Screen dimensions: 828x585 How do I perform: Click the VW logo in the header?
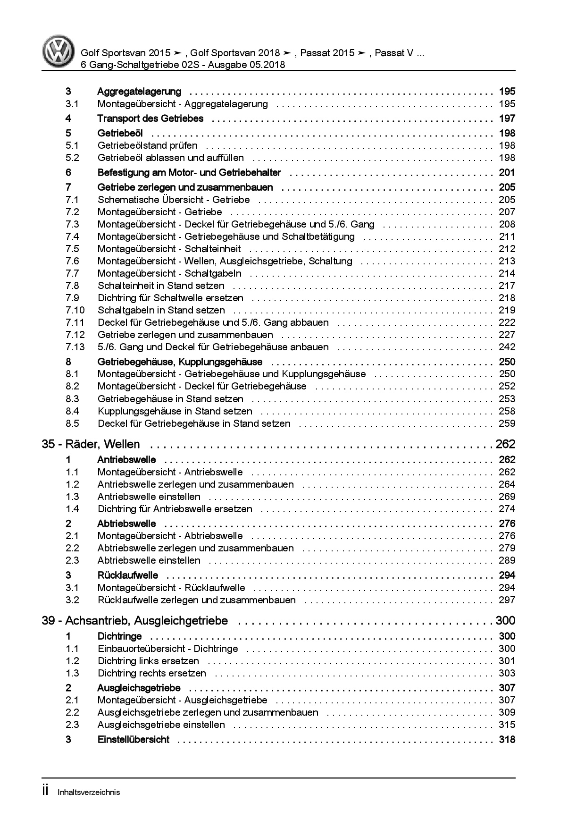(x=58, y=51)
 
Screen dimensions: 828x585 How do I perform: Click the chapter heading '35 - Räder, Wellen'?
(x=91, y=444)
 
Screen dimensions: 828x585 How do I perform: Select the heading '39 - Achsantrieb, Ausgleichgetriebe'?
(x=135, y=621)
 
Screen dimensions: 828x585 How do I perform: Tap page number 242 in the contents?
(x=507, y=347)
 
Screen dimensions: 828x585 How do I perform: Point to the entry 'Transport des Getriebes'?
(x=150, y=118)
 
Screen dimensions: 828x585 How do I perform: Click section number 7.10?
(x=75, y=310)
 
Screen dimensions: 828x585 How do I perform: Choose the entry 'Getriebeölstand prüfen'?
(x=147, y=145)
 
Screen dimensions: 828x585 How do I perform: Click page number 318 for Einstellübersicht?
(x=507, y=740)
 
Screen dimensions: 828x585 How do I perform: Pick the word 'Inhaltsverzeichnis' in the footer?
(x=89, y=793)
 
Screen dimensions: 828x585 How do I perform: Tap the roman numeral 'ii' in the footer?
(x=45, y=792)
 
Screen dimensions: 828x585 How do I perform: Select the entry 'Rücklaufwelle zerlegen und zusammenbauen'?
(x=196, y=600)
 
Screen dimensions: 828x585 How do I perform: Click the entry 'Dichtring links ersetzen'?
(x=148, y=661)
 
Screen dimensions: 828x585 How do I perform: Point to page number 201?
(x=507, y=173)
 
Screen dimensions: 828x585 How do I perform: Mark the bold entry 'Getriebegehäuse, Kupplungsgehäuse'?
(x=180, y=362)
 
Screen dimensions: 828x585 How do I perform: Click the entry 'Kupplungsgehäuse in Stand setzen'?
(x=175, y=411)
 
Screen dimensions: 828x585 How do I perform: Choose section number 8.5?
(x=72, y=423)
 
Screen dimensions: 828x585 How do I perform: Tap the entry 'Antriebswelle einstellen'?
(x=149, y=497)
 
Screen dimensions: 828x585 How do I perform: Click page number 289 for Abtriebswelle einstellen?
(x=507, y=560)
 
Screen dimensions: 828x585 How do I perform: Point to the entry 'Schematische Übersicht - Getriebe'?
(x=174, y=200)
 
